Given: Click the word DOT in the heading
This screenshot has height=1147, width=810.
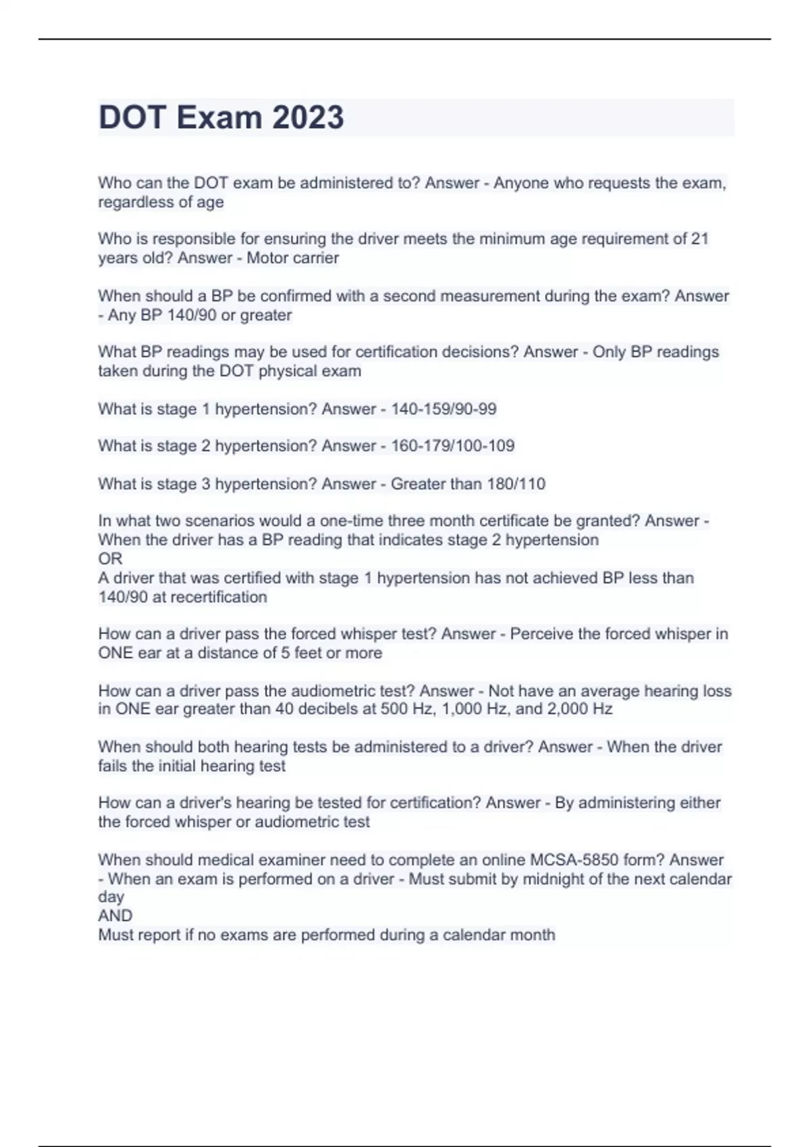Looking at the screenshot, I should point(132,117).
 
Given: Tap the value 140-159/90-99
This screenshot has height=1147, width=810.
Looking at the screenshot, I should point(443,409).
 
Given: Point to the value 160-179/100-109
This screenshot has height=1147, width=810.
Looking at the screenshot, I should point(452,446).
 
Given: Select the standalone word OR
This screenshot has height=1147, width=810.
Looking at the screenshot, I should point(110,559).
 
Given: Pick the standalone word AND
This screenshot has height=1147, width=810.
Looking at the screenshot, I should point(115,916).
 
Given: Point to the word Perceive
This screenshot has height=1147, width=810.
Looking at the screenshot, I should point(541,634).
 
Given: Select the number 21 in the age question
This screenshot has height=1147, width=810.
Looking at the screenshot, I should point(699,239).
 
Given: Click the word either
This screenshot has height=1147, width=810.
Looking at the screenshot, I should point(699,803).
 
